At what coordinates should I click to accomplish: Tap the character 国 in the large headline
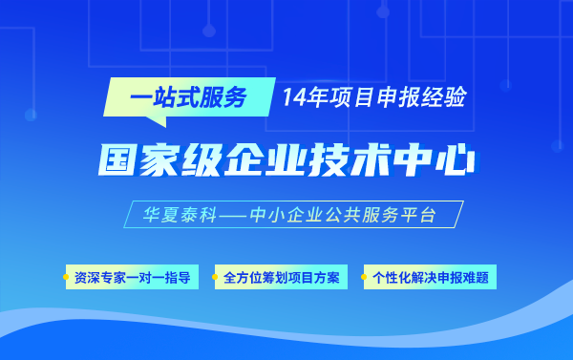117,159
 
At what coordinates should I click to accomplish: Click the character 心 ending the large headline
456,159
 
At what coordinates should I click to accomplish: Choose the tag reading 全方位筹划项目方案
281,278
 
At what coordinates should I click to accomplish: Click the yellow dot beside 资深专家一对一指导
68,278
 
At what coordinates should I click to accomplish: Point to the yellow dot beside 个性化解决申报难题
365,278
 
